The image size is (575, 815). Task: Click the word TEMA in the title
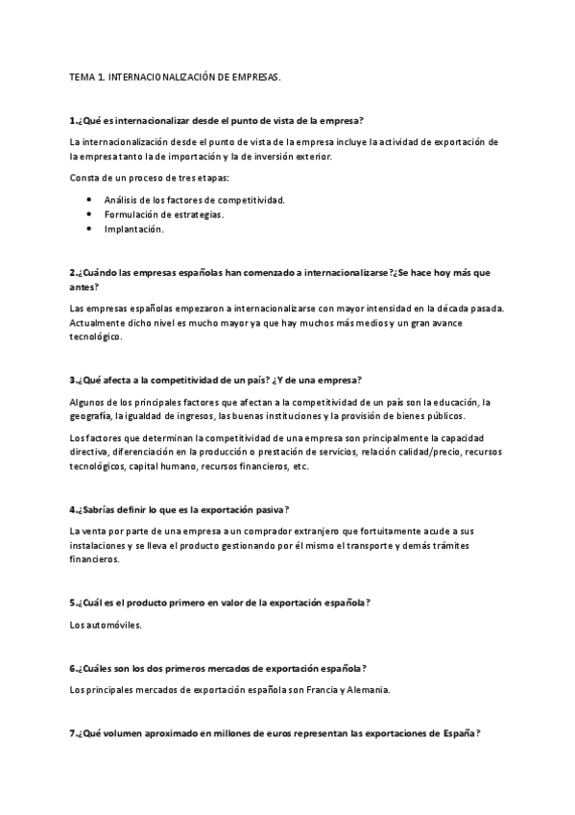tap(84, 74)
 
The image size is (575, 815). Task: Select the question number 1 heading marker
tap(75, 121)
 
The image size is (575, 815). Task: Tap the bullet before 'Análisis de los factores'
tap(88, 199)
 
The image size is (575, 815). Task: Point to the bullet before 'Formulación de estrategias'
tap(88, 214)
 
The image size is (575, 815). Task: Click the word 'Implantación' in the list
tap(134, 230)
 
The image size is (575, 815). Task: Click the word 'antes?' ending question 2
tap(84, 287)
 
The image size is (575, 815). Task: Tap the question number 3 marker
tap(75, 380)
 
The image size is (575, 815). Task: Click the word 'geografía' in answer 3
tap(90, 415)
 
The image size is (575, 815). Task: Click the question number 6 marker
tap(75, 668)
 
